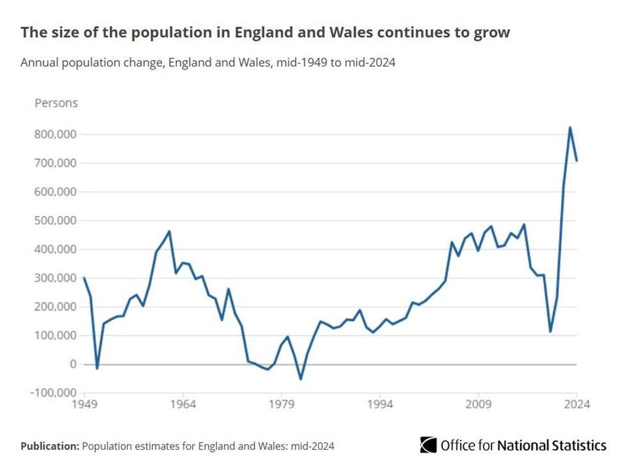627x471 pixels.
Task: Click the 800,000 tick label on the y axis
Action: tap(56, 134)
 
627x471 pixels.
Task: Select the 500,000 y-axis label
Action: tap(56, 220)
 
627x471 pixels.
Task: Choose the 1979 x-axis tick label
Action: tap(281, 405)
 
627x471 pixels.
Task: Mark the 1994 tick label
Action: tap(379, 405)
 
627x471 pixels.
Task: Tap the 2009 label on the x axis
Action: tap(478, 405)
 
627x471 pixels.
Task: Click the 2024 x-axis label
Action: tap(576, 405)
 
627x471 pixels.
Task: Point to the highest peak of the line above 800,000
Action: tap(570, 127)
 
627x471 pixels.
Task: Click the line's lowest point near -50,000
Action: tap(301, 379)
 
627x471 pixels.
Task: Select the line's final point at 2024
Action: tap(576, 160)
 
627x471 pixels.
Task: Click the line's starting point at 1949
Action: tap(84, 277)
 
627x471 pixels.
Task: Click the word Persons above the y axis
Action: tap(56, 103)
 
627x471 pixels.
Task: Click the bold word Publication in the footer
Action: tap(49, 446)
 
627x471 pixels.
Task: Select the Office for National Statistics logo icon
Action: tap(428, 445)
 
